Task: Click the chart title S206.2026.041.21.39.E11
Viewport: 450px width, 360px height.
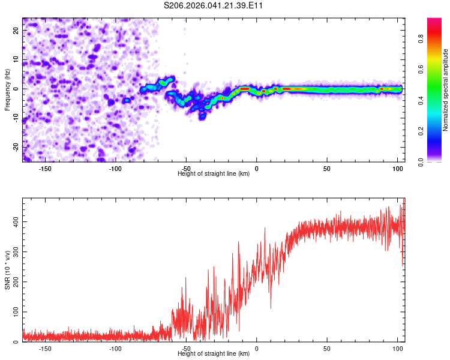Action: pyautogui.click(x=214, y=5)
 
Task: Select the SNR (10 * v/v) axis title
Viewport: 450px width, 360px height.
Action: pyautogui.click(x=7, y=269)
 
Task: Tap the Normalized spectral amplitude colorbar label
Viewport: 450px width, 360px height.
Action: pyautogui.click(x=446, y=90)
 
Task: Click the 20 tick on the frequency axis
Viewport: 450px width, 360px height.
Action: pyautogui.click(x=16, y=30)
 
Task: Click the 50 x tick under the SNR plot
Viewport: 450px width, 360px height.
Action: pyautogui.click(x=327, y=349)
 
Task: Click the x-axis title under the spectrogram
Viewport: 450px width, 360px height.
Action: pyautogui.click(x=214, y=174)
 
